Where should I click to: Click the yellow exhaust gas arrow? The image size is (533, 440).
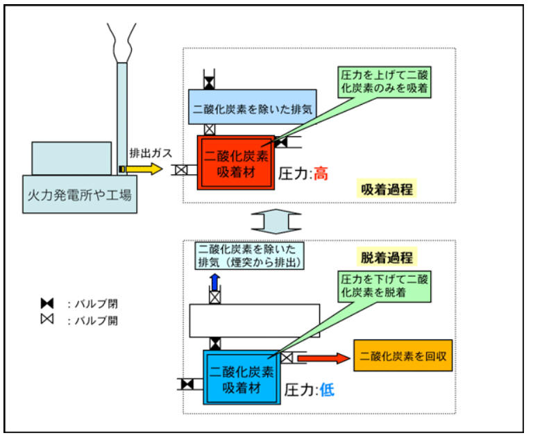point(144,169)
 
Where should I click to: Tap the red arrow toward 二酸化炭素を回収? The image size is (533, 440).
point(323,358)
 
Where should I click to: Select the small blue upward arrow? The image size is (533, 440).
point(214,282)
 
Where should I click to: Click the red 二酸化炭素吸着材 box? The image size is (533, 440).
point(236,162)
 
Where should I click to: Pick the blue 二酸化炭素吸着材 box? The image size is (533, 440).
point(242,378)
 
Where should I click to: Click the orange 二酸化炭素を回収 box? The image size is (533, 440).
point(403,355)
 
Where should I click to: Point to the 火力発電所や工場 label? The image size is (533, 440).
point(80,195)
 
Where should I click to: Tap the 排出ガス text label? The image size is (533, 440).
point(151,153)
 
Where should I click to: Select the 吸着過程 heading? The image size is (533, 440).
point(387,189)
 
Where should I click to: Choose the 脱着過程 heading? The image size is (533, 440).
point(387,257)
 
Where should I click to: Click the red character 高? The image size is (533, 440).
point(320,174)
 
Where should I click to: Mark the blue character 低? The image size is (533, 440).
point(327,389)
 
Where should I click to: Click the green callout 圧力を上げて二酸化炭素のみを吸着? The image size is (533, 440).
point(384,83)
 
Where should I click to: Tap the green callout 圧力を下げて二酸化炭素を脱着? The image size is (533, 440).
point(384,287)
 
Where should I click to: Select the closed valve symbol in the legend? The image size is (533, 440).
point(47,303)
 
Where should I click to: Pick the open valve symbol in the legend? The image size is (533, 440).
point(47,319)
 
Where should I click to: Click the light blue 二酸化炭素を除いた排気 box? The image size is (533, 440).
point(252,107)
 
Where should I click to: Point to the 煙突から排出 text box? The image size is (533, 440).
point(250,255)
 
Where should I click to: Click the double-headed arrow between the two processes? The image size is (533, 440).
point(276,221)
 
